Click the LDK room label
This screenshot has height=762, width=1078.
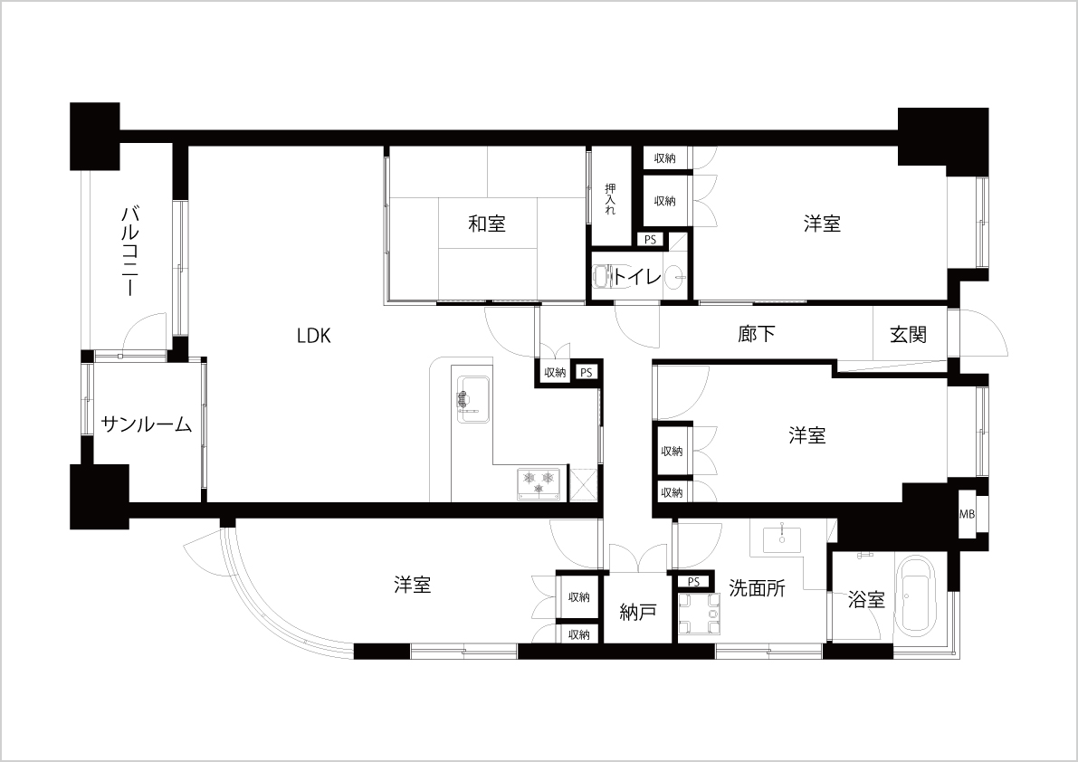(x=314, y=336)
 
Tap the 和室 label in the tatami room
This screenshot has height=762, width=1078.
(x=487, y=224)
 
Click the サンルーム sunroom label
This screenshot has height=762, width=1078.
(x=147, y=424)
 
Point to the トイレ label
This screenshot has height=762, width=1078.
(x=637, y=277)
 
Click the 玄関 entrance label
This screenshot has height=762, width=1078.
(x=908, y=335)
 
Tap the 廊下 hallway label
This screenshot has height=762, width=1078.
(x=757, y=335)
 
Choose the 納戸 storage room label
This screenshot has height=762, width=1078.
(x=637, y=612)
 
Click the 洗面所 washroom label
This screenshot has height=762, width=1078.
(x=757, y=588)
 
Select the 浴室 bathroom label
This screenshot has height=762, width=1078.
(x=865, y=600)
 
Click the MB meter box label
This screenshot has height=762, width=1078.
(x=967, y=513)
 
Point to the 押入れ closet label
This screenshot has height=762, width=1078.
(x=610, y=199)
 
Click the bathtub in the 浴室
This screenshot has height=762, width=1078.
(x=920, y=596)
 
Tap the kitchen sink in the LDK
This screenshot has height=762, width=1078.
(x=472, y=401)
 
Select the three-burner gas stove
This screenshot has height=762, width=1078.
(x=539, y=481)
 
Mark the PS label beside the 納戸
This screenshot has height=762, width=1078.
(x=693, y=582)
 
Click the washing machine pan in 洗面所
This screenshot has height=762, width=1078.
(x=699, y=613)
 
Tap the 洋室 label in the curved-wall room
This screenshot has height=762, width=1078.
(x=413, y=585)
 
